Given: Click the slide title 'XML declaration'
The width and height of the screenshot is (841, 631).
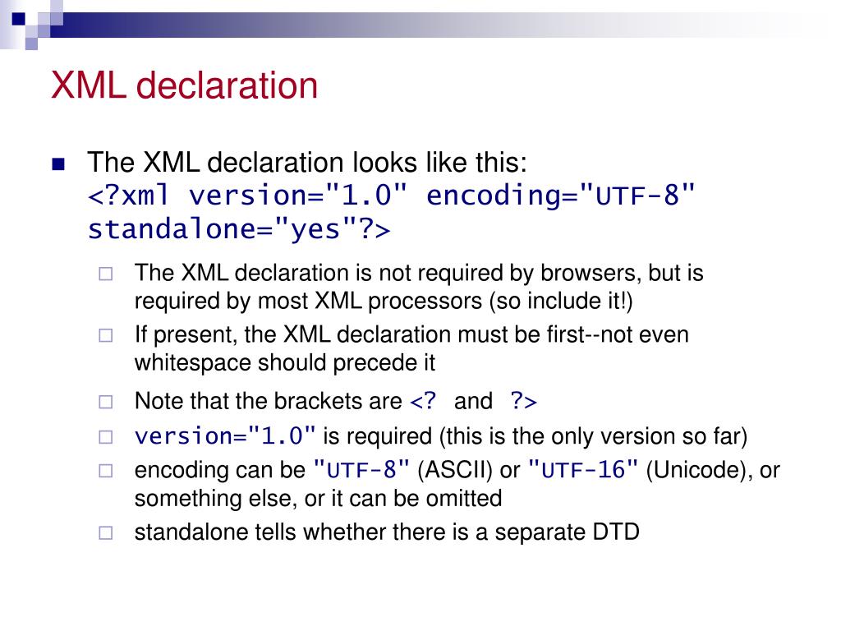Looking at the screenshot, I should coord(184,85).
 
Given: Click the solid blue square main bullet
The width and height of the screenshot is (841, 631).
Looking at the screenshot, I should coord(57,164).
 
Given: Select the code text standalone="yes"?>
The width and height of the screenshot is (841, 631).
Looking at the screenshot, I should coord(239,229).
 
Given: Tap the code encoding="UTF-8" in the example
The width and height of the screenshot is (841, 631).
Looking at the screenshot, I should coord(562,196).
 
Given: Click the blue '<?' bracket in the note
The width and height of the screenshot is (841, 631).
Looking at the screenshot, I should coord(424,401).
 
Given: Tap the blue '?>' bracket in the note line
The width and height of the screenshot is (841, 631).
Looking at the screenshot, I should coord(523,401).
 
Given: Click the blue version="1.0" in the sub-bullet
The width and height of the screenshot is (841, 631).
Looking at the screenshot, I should coord(225,435).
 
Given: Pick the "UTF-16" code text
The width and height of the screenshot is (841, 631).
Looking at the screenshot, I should coord(583,470).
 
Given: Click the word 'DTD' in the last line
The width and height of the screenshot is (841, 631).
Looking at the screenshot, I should coord(615,532).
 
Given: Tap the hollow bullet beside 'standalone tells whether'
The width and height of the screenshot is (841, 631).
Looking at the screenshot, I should coord(105,532).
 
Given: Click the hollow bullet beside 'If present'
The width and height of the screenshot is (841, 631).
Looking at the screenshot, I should coord(105,335).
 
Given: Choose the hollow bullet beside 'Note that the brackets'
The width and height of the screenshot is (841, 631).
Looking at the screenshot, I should coord(105,402).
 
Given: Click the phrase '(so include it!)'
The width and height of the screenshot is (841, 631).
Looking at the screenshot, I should coord(562,302).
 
